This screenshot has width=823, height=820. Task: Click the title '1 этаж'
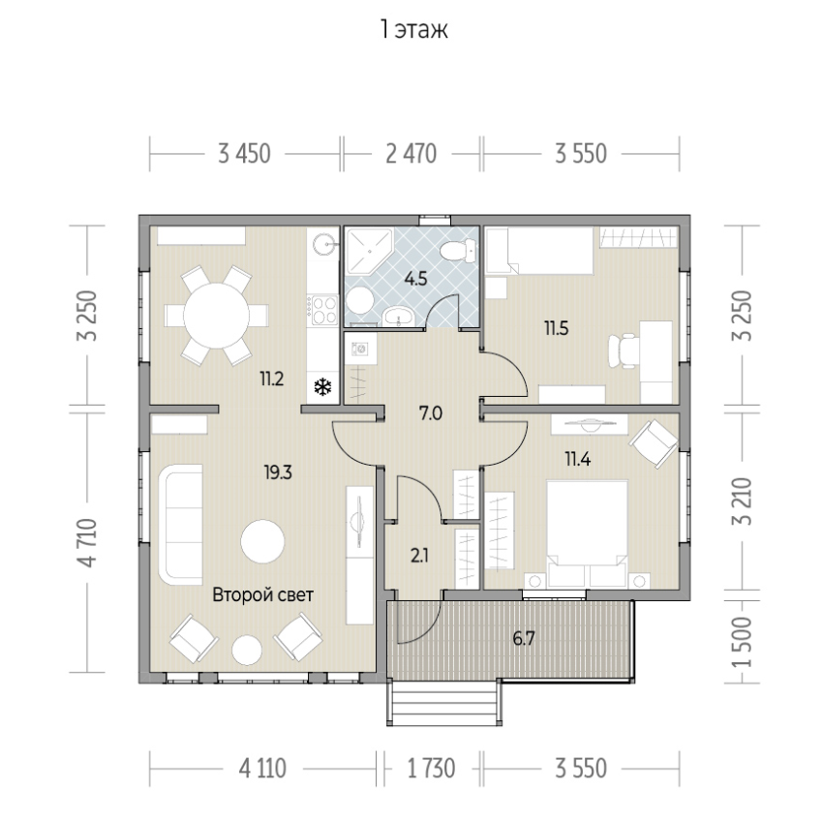click(x=414, y=30)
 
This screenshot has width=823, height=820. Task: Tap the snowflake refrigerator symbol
click(x=322, y=388)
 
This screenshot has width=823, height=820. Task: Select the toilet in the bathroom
click(x=458, y=250)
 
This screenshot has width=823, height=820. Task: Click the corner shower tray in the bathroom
click(x=370, y=251)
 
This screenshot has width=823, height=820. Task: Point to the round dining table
click(x=216, y=316)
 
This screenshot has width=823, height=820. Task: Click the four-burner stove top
click(x=322, y=309)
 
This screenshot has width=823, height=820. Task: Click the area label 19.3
click(x=278, y=472)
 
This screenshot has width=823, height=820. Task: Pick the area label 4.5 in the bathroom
click(x=415, y=279)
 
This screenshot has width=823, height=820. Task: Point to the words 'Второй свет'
click(x=263, y=594)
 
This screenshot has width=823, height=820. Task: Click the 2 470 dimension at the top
click(x=411, y=154)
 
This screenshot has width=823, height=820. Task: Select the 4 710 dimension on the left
click(x=88, y=542)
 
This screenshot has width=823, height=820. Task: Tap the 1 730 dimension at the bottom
click(x=432, y=769)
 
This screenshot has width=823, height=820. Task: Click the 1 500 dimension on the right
click(x=743, y=642)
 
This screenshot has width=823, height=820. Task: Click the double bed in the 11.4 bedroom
click(x=587, y=533)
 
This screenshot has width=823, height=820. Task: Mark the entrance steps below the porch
click(x=444, y=703)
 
